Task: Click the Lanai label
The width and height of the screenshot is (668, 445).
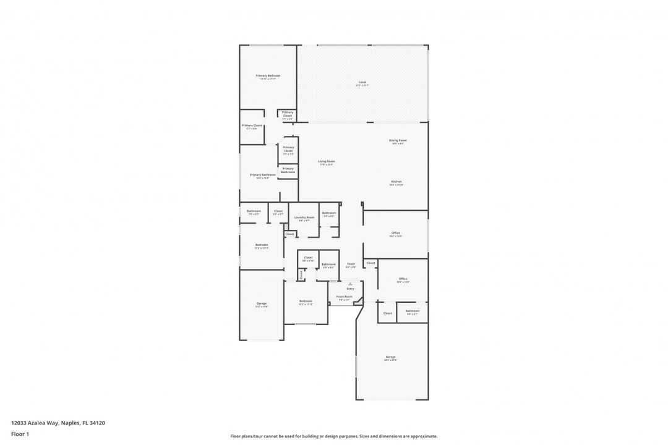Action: pos(362,82)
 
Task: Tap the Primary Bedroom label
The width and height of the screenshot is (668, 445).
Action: pos(268,76)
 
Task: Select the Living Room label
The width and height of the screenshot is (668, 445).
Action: pos(327,162)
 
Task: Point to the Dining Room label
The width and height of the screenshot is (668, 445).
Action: pos(398,141)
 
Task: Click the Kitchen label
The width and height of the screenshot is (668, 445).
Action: pos(396,182)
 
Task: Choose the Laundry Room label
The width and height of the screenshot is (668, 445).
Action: pos(304,218)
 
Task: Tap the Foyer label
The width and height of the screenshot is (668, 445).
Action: pos(351,265)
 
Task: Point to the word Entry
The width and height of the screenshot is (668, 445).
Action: pos(351,289)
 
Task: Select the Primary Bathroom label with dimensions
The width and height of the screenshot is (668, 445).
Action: pos(263,176)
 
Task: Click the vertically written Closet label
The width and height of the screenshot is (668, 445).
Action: pos(301,274)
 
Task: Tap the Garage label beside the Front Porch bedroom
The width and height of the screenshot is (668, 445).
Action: pos(262,303)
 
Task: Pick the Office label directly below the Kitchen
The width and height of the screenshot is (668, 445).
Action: pos(396,234)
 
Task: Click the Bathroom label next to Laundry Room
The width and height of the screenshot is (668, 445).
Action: pos(328,213)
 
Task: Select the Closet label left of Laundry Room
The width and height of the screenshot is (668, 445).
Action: pos(278,211)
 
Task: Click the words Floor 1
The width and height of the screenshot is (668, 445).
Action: pos(20,434)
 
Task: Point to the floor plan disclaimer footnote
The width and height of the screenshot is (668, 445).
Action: pos(334,436)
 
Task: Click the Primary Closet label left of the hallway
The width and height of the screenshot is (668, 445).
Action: pos(252,126)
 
